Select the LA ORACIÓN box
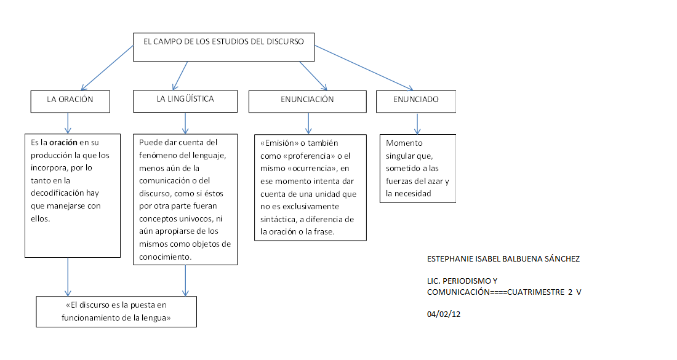(x=70, y=101)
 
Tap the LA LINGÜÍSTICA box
(x=185, y=100)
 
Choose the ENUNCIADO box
(x=416, y=102)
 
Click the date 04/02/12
(x=443, y=314)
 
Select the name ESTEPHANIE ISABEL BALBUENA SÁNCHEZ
(x=503, y=258)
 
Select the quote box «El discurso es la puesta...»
(x=116, y=311)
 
